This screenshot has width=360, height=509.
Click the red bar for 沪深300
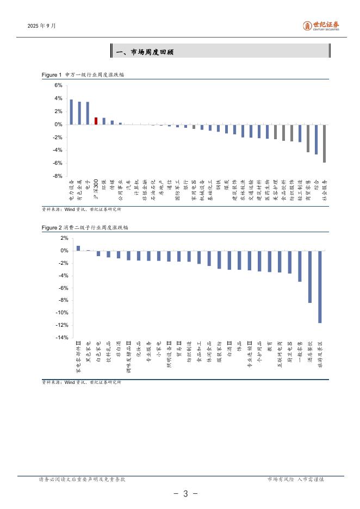tap(96, 121)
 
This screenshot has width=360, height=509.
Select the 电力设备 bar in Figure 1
tap(71, 112)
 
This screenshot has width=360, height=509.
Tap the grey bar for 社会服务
tap(324, 144)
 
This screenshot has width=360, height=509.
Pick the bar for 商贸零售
tap(308, 138)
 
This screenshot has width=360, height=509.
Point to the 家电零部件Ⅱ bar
tap(78, 248)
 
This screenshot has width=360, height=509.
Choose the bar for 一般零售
tap(300, 266)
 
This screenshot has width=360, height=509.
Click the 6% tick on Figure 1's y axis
tap(58, 85)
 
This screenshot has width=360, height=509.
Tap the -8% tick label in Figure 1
tap(58, 176)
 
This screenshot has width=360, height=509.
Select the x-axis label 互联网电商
tap(280, 355)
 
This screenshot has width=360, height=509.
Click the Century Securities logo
tap(321, 26)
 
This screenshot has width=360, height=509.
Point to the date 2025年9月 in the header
tap(41, 26)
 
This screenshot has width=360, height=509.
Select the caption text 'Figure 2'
tap(52, 228)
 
